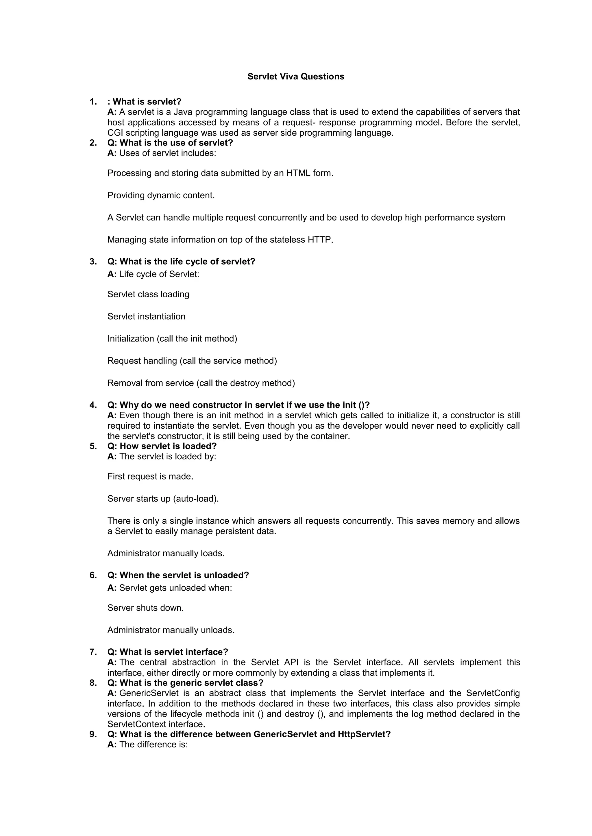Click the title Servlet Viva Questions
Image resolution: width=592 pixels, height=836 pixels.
296,76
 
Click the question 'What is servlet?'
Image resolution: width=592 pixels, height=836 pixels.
147,102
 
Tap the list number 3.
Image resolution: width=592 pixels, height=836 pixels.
93,262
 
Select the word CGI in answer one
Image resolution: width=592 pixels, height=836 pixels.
116,133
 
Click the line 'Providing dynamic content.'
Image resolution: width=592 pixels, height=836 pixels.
161,195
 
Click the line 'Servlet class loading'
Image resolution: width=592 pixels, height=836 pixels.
148,294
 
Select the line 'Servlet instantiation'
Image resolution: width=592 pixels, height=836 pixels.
146,316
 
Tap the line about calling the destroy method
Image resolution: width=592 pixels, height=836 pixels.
201,383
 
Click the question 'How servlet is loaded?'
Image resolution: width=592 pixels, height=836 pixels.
168,446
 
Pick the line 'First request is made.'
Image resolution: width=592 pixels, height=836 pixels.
150,476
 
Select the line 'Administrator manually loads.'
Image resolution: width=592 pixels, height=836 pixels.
166,553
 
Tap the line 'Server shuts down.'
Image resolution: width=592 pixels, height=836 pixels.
145,608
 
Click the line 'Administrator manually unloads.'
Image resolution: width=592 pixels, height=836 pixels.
171,630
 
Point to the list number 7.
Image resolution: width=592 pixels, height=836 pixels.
93,652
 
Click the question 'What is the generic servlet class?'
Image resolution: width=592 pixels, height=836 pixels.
191,683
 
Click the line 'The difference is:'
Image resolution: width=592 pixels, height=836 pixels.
153,744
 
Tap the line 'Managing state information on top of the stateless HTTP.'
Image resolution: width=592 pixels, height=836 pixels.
220,240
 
